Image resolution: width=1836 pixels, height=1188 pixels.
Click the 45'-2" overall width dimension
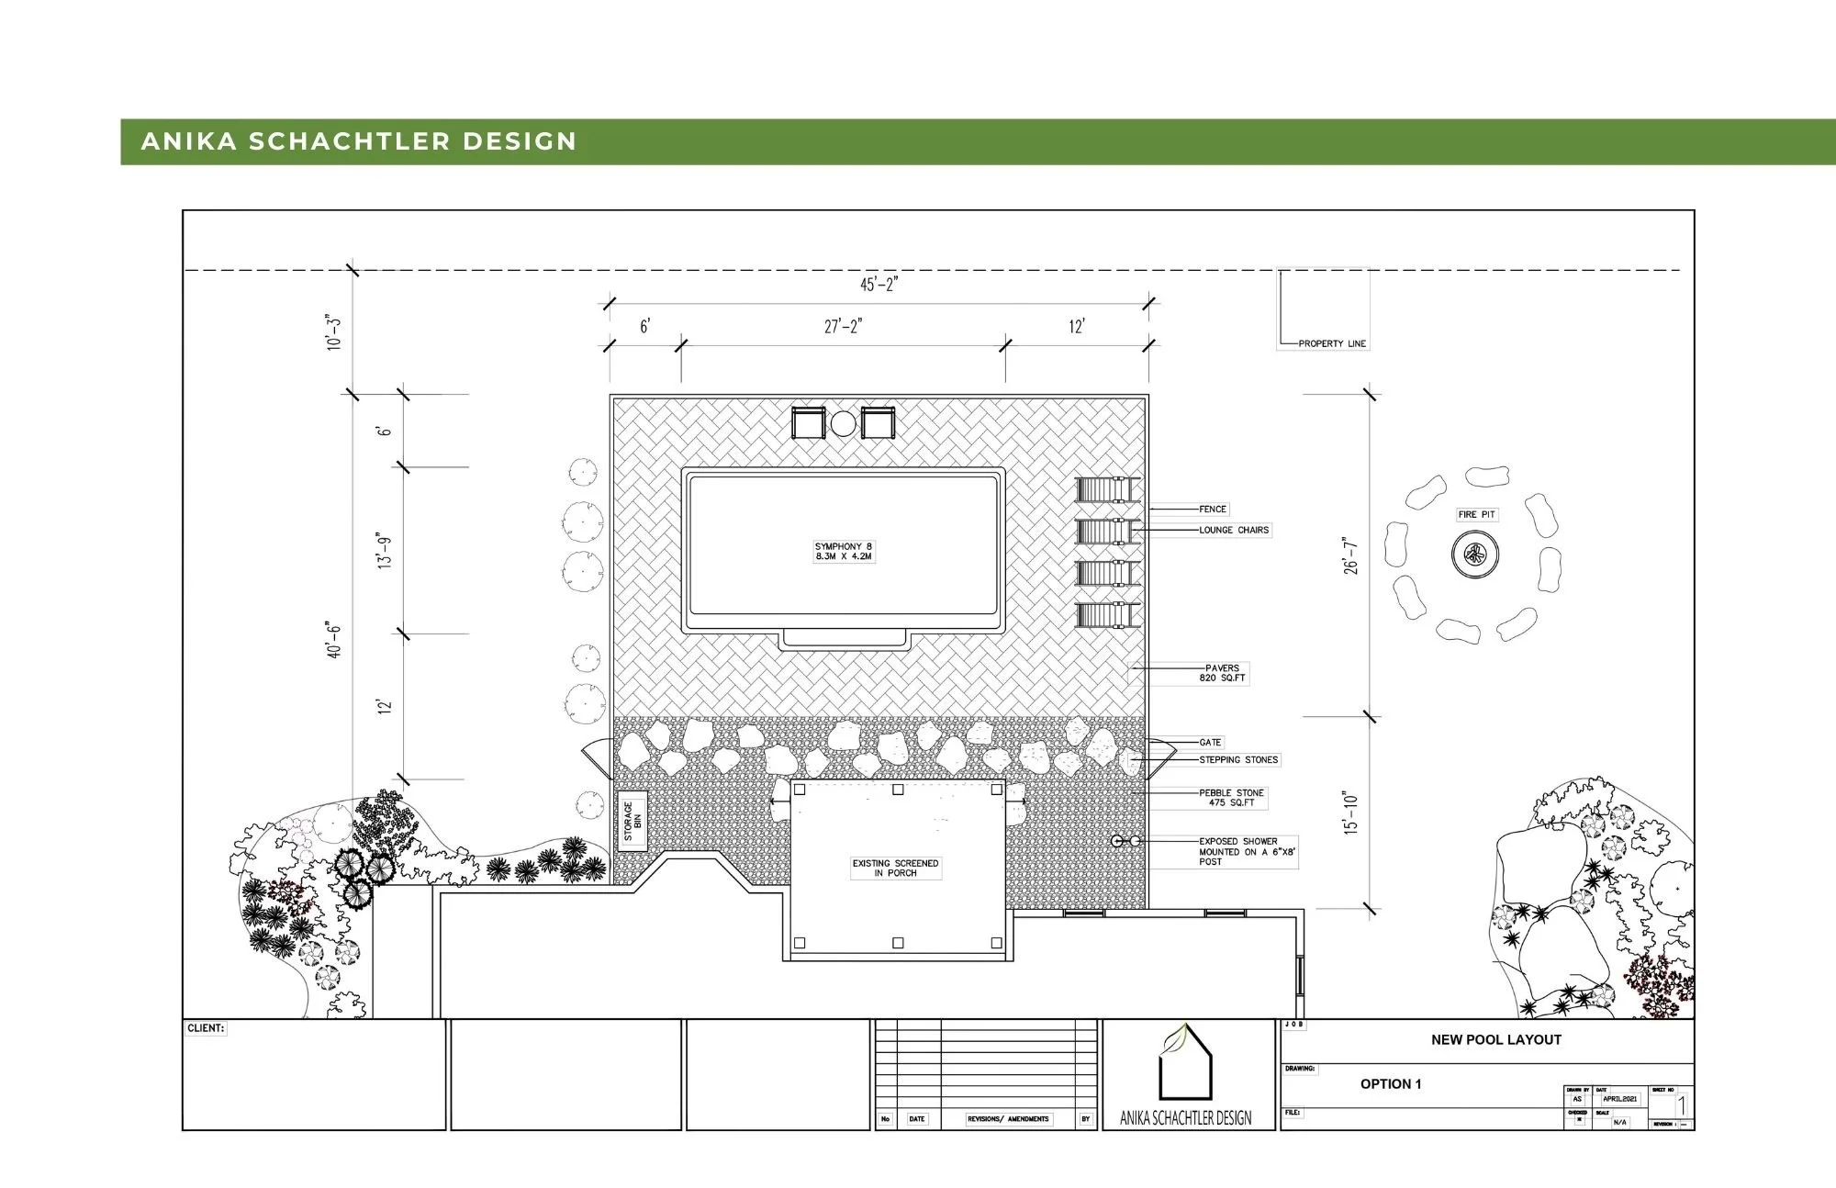click(x=879, y=285)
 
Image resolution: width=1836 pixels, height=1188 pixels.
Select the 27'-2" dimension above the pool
click(x=843, y=327)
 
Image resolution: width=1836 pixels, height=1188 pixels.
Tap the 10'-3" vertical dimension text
click(x=333, y=332)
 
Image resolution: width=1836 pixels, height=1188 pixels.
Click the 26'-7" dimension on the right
click(x=1350, y=555)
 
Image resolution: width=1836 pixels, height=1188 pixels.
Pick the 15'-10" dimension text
click(x=1350, y=812)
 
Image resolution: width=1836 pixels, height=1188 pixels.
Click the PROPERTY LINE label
click(x=1332, y=343)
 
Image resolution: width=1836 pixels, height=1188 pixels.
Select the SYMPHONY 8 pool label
click(x=844, y=552)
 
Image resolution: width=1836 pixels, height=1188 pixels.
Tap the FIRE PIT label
click(x=1476, y=514)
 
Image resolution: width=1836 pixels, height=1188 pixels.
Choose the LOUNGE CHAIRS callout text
click(x=1234, y=530)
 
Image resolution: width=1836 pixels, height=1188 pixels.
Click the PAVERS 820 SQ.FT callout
click(x=1222, y=673)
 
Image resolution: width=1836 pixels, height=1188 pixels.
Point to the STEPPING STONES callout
click(x=1238, y=759)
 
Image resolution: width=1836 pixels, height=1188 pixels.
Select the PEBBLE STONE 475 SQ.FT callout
click(x=1231, y=798)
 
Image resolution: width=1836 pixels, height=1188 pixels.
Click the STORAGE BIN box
click(x=633, y=821)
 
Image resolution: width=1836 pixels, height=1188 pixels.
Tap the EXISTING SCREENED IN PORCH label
click(x=895, y=868)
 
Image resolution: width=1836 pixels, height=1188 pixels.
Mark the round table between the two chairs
click(x=844, y=423)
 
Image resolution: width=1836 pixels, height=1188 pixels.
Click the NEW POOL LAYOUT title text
click(x=1495, y=1039)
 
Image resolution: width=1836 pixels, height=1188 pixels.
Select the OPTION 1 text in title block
click(x=1391, y=1083)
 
